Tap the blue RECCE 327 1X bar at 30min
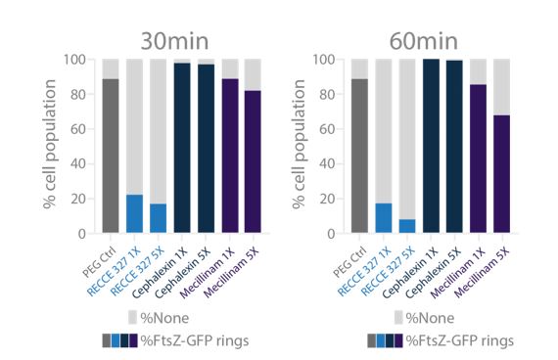click(134, 214)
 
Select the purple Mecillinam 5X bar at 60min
click(501, 174)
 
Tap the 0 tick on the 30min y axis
click(86, 234)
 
